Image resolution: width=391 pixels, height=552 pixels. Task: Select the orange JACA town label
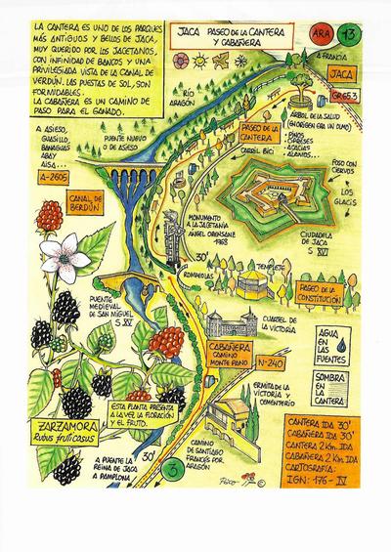342,72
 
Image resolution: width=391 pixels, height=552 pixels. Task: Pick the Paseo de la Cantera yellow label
254,133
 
